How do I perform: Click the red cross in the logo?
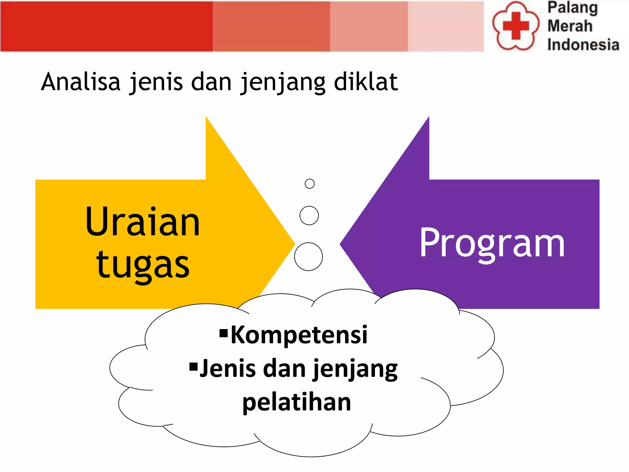point(516,26)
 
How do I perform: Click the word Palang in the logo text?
point(573,8)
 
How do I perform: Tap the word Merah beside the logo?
point(570,26)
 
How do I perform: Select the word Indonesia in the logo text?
point(583,45)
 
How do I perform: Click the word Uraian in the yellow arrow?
point(143,222)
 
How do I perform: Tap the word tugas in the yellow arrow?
point(143,265)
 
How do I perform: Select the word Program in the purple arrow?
point(492,243)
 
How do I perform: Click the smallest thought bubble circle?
point(310,184)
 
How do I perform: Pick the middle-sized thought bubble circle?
point(309,215)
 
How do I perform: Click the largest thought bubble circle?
point(308,257)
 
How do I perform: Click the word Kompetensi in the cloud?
point(299,335)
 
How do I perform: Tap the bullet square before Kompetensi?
point(224,333)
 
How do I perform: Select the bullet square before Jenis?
point(193,367)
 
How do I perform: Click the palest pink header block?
point(446,26)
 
